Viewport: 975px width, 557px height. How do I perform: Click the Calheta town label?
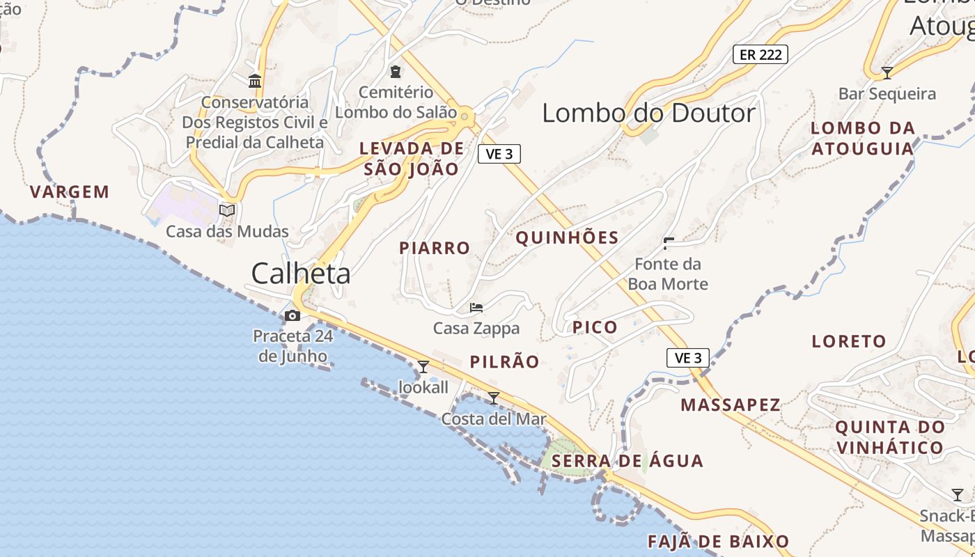click(301, 274)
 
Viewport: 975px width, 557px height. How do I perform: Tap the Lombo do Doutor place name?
click(648, 113)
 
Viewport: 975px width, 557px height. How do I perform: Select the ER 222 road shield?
click(760, 54)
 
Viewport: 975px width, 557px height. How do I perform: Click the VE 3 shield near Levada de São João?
click(499, 154)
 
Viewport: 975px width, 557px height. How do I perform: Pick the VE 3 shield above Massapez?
click(688, 358)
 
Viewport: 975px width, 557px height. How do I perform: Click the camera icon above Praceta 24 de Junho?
click(292, 316)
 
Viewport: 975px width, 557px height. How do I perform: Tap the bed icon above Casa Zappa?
click(476, 307)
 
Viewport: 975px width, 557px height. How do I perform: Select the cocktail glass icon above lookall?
click(423, 366)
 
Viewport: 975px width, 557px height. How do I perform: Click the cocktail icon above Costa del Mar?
click(494, 398)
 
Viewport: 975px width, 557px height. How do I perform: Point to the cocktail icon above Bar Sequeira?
click(887, 72)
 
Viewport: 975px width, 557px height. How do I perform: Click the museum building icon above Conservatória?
click(255, 81)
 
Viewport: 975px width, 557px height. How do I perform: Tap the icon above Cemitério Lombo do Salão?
click(396, 71)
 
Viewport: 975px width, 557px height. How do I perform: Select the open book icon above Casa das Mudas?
click(227, 210)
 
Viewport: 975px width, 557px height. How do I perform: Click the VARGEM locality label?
click(70, 192)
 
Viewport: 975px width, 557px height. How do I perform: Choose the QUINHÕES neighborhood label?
click(567, 238)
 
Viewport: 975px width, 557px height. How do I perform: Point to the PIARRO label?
click(435, 248)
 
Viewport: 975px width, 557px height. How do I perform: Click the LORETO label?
click(849, 342)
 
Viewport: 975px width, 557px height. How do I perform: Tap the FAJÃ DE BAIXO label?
click(718, 542)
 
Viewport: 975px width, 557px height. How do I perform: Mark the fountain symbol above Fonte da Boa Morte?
click(669, 243)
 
